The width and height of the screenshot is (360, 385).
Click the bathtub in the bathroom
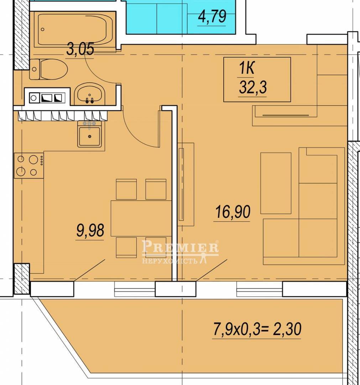tap(74, 30)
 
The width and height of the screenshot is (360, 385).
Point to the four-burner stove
tap(29, 166)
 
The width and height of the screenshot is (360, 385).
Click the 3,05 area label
tap(80, 49)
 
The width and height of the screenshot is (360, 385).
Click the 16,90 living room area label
tap(233, 212)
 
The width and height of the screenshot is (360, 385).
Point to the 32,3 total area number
tap(252, 87)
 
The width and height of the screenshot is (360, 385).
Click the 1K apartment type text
tap(246, 68)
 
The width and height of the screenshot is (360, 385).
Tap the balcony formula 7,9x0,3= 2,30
tap(257, 329)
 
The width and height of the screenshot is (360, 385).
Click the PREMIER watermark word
tap(180, 247)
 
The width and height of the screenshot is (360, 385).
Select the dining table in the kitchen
tap(141, 218)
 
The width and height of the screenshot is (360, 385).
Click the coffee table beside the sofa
tap(276, 183)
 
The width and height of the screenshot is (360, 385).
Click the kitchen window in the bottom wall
tap(135, 289)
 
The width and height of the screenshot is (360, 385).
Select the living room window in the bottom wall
tap(260, 289)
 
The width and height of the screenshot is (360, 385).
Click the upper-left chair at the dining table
tap(126, 189)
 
